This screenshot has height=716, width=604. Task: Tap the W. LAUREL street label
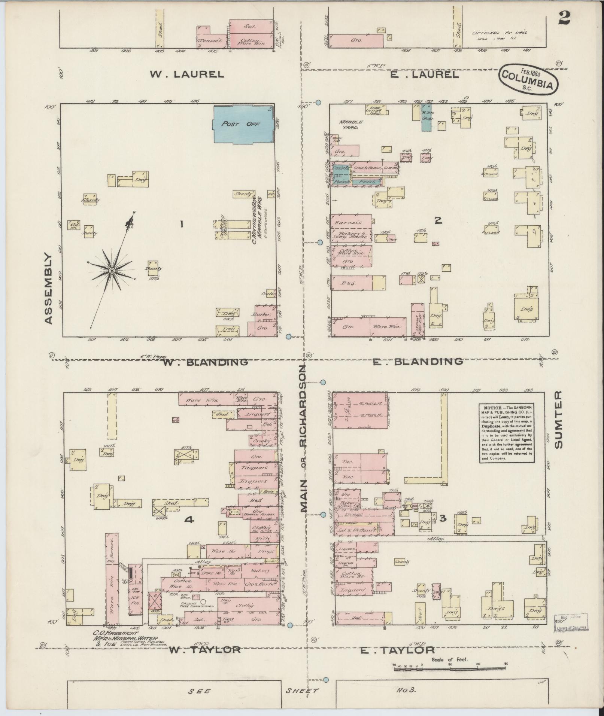click(187, 74)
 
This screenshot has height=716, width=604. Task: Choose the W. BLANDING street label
click(206, 362)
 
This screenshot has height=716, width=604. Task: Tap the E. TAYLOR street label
click(397, 651)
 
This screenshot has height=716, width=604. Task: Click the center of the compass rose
click(112, 270)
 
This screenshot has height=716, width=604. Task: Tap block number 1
click(181, 224)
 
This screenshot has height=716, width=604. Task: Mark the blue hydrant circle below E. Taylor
click(326, 680)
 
